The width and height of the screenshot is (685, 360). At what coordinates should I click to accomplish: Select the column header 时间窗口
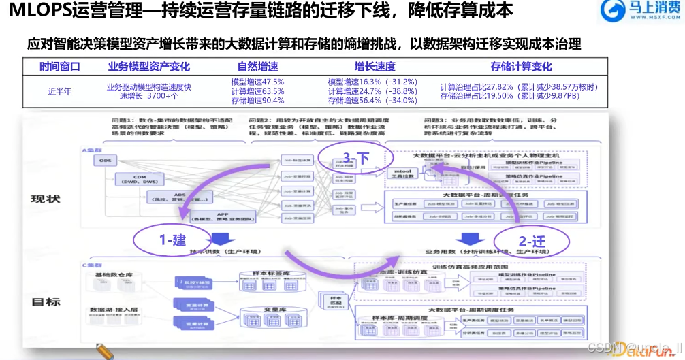[59, 67]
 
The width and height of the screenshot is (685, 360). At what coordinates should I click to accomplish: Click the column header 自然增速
[257, 67]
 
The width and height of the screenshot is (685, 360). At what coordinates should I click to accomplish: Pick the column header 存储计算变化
[521, 67]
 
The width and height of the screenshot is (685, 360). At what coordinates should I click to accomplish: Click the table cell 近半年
[59, 91]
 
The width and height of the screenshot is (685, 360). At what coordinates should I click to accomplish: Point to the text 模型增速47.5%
[257, 82]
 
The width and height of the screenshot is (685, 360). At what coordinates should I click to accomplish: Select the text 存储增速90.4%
[257, 101]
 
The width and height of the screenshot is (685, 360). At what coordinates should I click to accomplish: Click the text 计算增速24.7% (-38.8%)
[372, 91]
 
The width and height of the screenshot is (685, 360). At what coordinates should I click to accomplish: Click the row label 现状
[45, 199]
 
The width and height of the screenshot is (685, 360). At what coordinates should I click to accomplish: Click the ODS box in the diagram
[105, 161]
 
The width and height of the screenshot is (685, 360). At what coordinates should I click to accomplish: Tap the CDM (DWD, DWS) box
[140, 179]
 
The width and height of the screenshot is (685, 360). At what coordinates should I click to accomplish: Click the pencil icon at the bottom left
[103, 351]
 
